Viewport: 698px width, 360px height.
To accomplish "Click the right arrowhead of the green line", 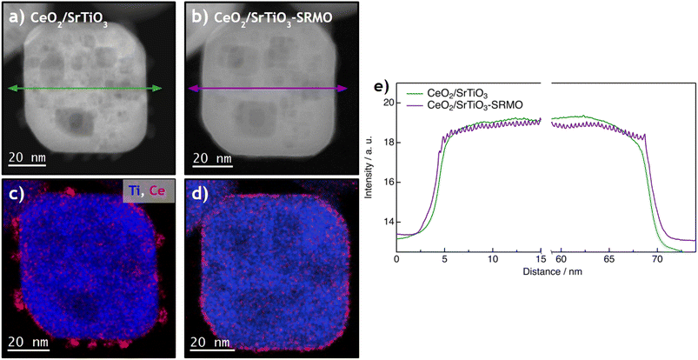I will pyautogui.click(x=158, y=88).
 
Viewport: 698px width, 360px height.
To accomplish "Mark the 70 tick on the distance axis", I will pyautogui.click(x=657, y=259).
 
